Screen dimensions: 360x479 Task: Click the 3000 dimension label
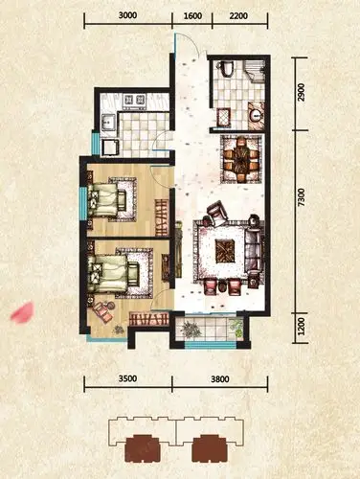(127, 15)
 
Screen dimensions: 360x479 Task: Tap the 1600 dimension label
(192, 15)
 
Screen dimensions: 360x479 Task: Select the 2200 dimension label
(238, 15)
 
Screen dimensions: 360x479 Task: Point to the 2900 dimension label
(301, 93)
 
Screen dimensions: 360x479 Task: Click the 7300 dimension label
(301, 198)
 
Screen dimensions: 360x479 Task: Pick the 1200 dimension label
(301, 327)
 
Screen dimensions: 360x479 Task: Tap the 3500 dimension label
(127, 378)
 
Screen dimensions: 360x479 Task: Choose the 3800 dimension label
(220, 379)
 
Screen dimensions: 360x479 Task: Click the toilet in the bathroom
(227, 68)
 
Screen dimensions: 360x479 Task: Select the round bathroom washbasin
(256, 115)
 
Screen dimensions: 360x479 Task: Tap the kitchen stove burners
(135, 100)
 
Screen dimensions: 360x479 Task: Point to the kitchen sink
(108, 122)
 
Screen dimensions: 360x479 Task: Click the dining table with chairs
(241, 159)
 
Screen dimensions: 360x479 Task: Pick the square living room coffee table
(225, 251)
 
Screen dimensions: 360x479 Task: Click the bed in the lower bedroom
(113, 273)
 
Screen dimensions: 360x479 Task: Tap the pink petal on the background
(22, 312)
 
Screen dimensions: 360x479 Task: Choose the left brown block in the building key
(143, 448)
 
